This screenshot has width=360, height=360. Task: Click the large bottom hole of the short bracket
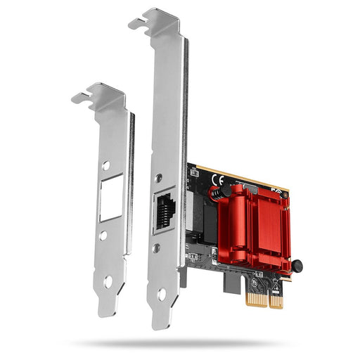click(x=108, y=281)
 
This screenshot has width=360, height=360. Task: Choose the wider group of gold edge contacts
click(x=276, y=300)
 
